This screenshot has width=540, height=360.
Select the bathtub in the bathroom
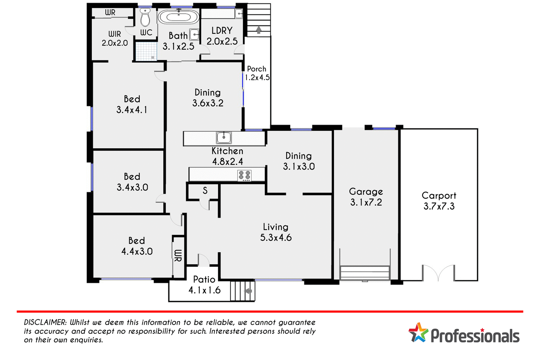178,17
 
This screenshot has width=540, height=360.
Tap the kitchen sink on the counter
224,138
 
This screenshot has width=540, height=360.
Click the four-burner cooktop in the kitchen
244,175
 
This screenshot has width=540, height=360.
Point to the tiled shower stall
146,51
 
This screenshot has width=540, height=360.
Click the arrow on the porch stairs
258,30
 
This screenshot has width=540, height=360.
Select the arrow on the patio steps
248,291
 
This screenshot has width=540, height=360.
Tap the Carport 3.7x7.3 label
439,201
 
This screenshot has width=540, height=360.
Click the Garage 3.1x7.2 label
366,197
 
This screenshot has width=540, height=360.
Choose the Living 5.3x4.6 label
276,232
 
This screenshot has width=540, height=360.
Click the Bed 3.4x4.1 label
132,104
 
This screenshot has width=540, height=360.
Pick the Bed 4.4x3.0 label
137,246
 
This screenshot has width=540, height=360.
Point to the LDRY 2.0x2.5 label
222,36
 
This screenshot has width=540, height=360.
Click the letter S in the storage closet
205,190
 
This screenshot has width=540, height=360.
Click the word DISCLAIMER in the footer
45,323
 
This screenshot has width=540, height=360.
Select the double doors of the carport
438,273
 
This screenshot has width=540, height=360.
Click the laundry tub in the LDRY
239,14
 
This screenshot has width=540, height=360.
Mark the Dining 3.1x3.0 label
299,161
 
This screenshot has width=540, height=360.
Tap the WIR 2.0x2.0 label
114,39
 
